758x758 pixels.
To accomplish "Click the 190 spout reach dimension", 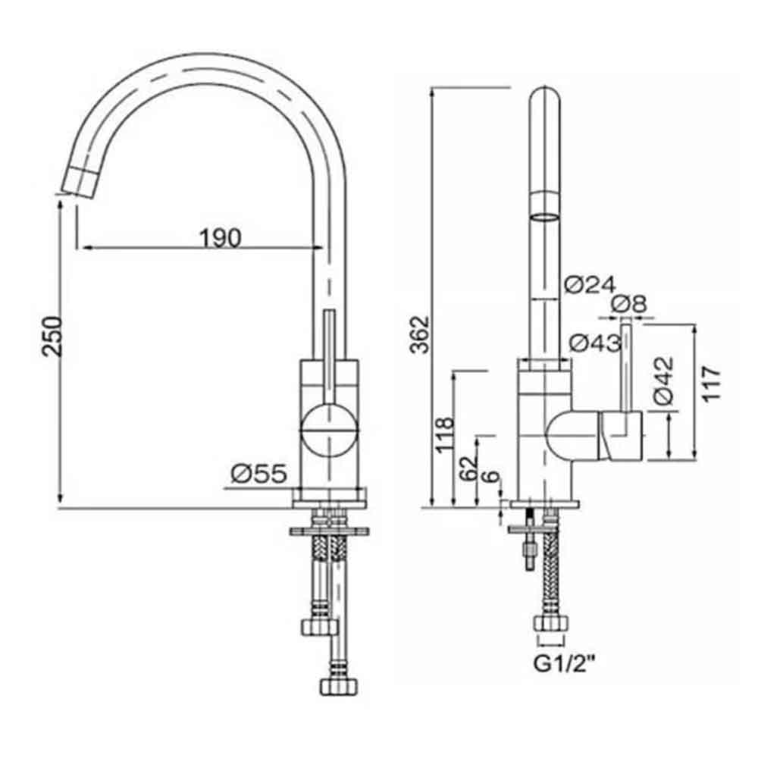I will pyautogui.click(x=221, y=237).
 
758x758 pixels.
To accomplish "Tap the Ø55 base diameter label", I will pyautogui.click(x=258, y=475).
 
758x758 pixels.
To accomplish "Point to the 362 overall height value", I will pyautogui.click(x=418, y=334).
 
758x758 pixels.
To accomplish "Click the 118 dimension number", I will pyautogui.click(x=445, y=434).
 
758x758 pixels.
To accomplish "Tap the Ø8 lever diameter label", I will pyautogui.click(x=628, y=304).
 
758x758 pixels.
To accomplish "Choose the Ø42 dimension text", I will pyautogui.click(x=662, y=378).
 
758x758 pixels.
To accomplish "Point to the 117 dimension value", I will pyautogui.click(x=710, y=384).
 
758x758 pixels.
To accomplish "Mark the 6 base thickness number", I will pyautogui.click(x=492, y=478).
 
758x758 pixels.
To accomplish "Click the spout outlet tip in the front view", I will pyautogui.click(x=78, y=182).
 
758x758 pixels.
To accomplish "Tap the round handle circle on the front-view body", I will pyautogui.click(x=328, y=429).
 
